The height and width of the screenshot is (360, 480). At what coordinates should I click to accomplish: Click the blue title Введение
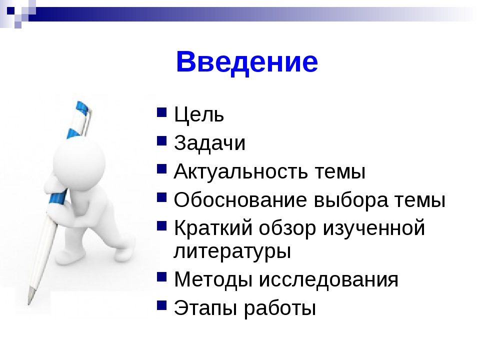tap(247, 62)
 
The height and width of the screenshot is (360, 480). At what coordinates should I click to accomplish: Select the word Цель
tap(199, 114)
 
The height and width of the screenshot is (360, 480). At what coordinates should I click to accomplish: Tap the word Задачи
tap(209, 142)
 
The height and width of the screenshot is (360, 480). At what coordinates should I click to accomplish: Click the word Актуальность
tap(241, 171)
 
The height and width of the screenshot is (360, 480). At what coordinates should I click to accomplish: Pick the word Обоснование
tap(240, 199)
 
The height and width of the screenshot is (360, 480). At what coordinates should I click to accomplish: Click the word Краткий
tap(213, 227)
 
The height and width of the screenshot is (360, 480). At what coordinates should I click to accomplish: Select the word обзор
tap(287, 228)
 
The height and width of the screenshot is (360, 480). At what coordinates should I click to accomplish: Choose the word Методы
tap(213, 280)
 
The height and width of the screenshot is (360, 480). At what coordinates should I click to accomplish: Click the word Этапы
tap(205, 308)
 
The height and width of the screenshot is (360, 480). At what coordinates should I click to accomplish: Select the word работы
tap(280, 307)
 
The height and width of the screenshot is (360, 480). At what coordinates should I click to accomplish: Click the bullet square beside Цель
tap(161, 112)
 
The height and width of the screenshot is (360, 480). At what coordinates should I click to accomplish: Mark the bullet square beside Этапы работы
tap(161, 305)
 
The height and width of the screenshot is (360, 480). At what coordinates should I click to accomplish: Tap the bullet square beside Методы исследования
tap(161, 276)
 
